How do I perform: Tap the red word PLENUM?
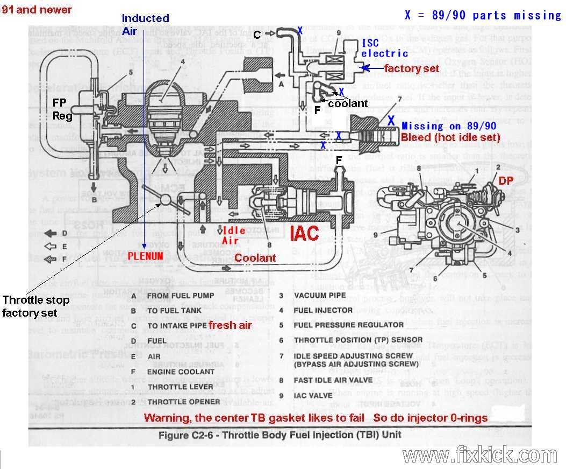(145, 256)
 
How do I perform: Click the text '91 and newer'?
(37, 10)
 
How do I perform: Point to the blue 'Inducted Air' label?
(145, 25)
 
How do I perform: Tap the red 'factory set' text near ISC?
(412, 68)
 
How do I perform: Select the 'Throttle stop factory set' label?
(36, 306)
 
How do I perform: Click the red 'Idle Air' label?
(234, 234)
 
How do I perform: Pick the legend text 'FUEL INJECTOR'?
(323, 310)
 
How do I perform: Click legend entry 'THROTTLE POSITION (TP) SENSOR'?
(356, 340)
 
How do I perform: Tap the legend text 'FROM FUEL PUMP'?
(180, 295)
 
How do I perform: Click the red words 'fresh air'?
(231, 325)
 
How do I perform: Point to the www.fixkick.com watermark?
(472, 456)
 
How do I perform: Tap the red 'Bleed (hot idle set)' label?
(450, 138)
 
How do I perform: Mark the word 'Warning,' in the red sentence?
(165, 418)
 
